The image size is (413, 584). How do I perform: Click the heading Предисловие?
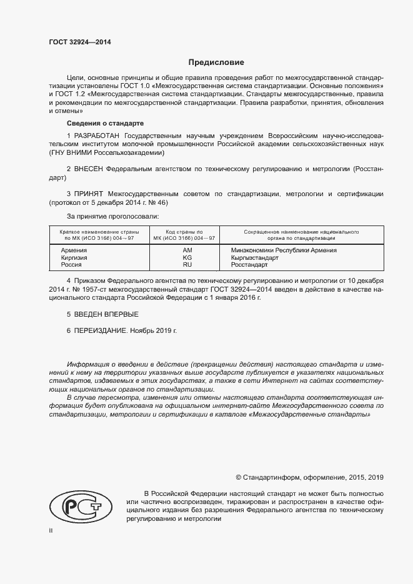point(216,62)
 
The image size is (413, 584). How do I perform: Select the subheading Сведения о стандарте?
point(106,123)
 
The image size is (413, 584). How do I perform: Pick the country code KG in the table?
point(187,257)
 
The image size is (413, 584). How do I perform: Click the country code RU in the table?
point(187,265)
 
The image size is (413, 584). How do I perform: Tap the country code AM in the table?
point(187,250)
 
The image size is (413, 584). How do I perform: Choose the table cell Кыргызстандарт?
point(254,257)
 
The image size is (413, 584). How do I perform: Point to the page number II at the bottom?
point(51,530)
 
